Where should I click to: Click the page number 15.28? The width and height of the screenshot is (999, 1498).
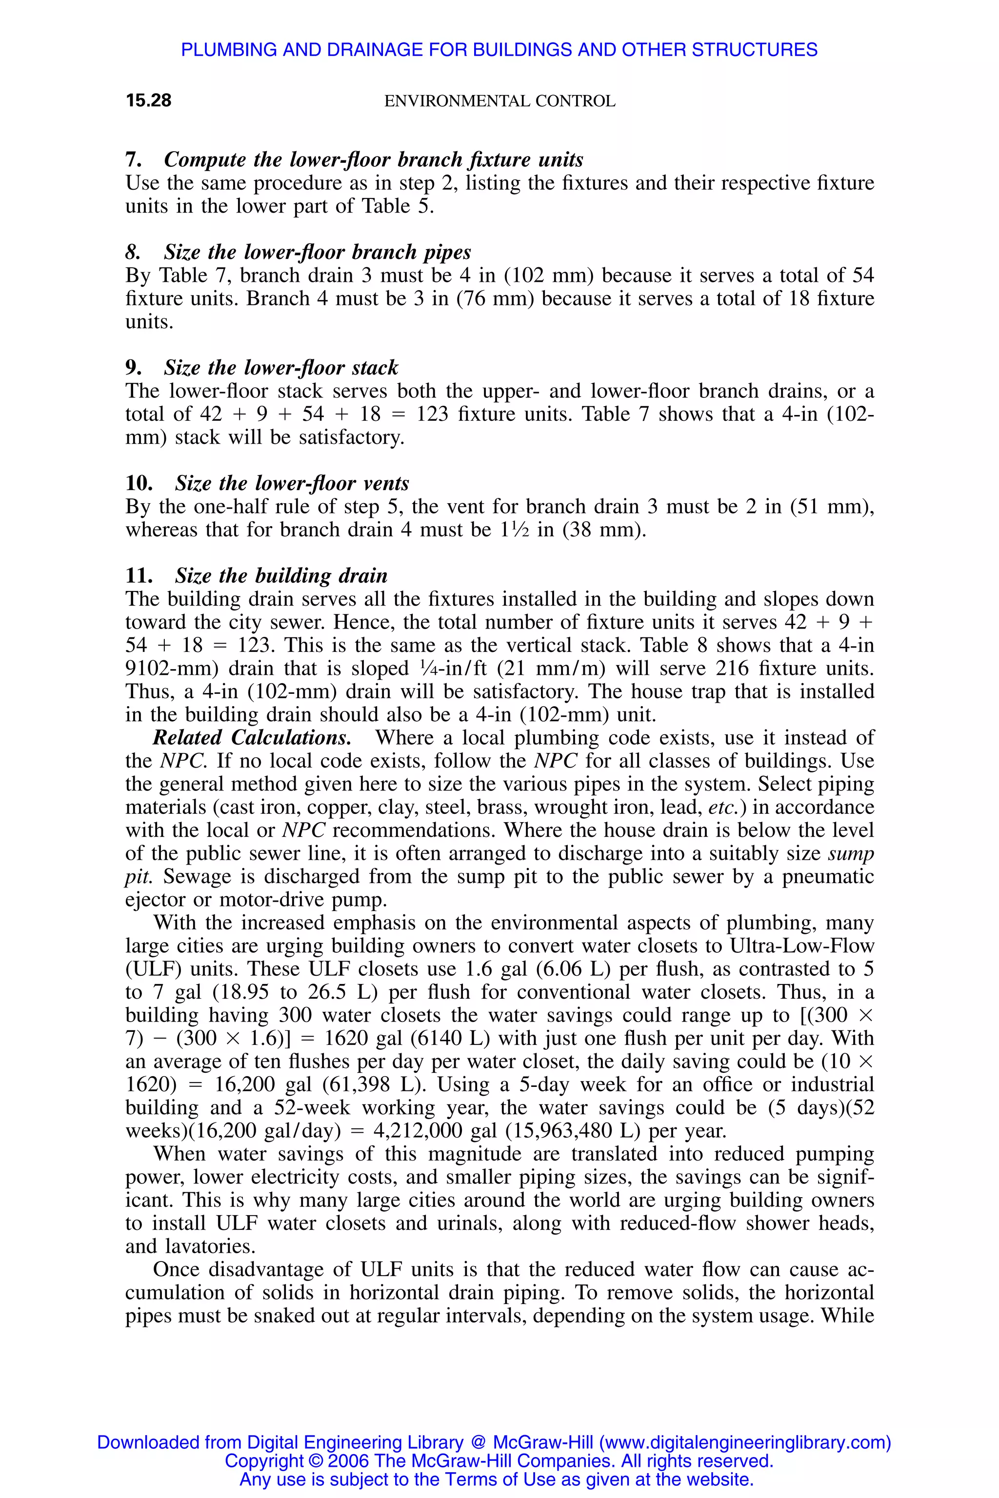tap(148, 100)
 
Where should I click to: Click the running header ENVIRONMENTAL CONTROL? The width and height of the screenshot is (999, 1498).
tap(499, 101)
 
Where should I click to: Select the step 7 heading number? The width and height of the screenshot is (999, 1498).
tap(133, 159)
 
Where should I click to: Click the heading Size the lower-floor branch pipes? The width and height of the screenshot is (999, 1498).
tap(317, 252)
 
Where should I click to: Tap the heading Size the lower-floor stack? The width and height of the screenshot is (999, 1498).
tap(280, 368)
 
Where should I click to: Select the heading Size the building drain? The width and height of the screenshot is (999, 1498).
tap(281, 576)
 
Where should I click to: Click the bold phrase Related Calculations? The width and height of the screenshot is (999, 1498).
tap(252, 737)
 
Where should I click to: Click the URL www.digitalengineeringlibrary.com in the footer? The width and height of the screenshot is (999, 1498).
tap(745, 1442)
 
